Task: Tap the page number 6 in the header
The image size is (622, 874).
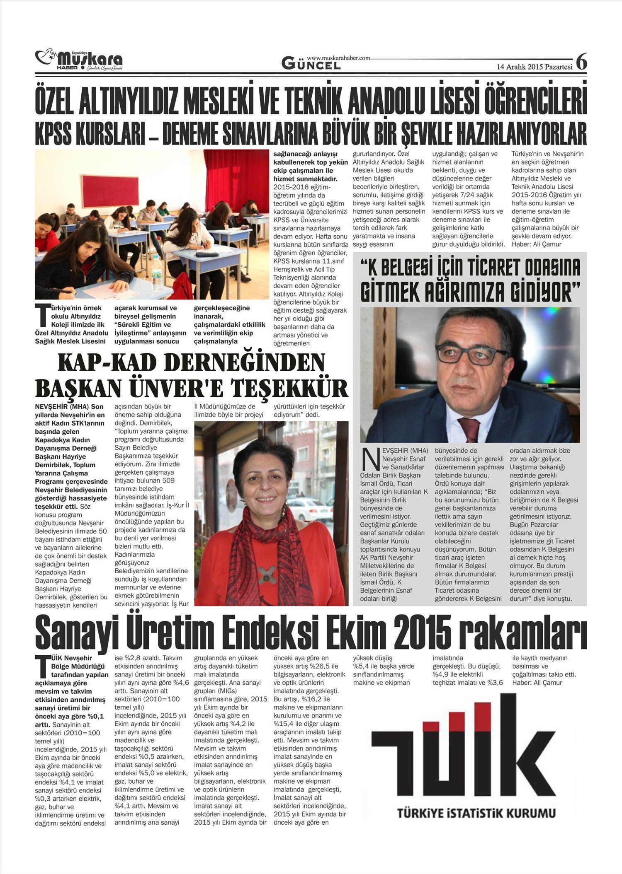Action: (x=581, y=62)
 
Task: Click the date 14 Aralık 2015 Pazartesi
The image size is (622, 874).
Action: (x=535, y=67)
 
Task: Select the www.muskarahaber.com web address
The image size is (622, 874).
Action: (x=338, y=58)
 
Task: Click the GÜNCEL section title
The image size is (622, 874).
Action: (x=311, y=64)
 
